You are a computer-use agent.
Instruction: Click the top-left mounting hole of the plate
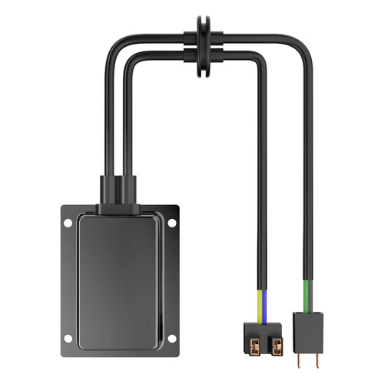[x=67, y=223]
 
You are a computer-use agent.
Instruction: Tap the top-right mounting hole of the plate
[x=174, y=223]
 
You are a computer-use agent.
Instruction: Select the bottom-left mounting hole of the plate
[x=67, y=338]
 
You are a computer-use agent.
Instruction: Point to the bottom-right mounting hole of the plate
[x=174, y=338]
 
